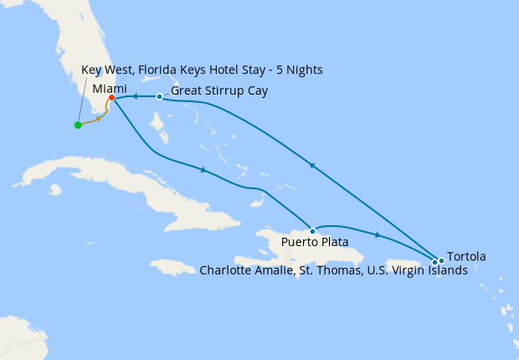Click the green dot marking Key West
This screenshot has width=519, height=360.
78,126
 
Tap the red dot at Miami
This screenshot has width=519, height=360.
111,98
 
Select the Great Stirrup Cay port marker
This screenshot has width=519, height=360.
159,96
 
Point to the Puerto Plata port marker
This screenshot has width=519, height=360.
312,231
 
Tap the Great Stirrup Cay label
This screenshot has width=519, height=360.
218,90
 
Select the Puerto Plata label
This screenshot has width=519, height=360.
315,244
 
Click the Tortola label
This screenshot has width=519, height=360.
466,256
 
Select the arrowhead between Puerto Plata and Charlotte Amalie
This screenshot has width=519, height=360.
378,235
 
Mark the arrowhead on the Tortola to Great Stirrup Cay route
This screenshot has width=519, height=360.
311,166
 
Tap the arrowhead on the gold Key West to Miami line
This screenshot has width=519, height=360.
99,118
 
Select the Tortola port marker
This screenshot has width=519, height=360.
441,260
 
